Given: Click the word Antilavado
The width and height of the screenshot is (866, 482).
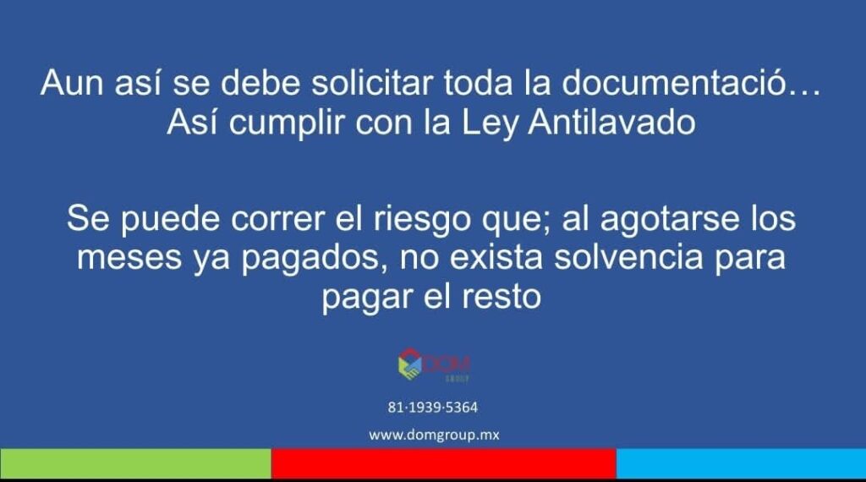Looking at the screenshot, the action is coord(611,122).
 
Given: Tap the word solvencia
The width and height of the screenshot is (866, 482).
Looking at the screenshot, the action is coord(628,257).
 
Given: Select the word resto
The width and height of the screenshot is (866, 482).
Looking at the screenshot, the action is coord(501,297).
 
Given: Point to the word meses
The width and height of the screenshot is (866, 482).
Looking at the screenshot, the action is coord(129,259).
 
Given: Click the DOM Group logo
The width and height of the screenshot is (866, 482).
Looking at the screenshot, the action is coord(434,365).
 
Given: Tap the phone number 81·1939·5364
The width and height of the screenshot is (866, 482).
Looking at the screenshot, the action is coord(432,408).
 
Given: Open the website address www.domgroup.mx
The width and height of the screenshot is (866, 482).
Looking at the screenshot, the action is coord(434,435).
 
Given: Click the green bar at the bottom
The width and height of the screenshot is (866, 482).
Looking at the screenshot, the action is coord(135,463).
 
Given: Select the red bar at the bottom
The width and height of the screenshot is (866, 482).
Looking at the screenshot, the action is coord(443,463).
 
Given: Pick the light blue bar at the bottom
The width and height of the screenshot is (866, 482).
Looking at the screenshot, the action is coord(741,463).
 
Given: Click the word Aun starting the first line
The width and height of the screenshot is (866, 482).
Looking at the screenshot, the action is coord(72,83).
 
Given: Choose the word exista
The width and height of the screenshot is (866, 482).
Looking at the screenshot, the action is coord(496,257).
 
